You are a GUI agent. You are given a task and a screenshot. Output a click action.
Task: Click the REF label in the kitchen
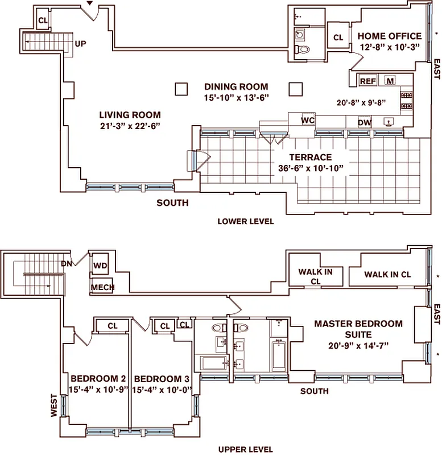pos(367,81)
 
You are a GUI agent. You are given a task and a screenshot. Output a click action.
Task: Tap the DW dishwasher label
pos(365,122)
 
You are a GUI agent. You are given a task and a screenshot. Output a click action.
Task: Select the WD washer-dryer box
pos(101,265)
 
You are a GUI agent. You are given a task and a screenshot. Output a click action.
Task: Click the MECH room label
pos(102,287)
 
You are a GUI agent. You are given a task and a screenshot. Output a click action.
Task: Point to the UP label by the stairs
pos(81,43)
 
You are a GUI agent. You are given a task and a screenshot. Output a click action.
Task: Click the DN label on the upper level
pos(67,263)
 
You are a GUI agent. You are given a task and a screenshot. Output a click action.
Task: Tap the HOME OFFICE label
pos(390,36)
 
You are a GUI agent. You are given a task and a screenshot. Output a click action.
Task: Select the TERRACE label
pos(310,157)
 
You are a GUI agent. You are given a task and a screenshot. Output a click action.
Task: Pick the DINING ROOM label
pos(236,87)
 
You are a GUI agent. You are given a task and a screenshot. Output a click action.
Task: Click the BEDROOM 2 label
pos(98,379)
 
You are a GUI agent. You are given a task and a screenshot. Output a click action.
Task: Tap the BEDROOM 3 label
pos(161,379)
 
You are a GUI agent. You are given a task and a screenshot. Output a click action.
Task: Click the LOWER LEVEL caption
pos(246,221)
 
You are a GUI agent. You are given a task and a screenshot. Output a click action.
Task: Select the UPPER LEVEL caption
pos(246,449)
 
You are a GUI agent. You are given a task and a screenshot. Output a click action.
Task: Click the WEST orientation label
pos(54,406)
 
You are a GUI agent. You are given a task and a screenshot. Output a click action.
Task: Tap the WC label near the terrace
pos(308,121)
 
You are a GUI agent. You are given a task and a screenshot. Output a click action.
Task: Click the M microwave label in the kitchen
pos(390,81)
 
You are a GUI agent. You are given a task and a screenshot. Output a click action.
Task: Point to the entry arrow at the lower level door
pos(90,5)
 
